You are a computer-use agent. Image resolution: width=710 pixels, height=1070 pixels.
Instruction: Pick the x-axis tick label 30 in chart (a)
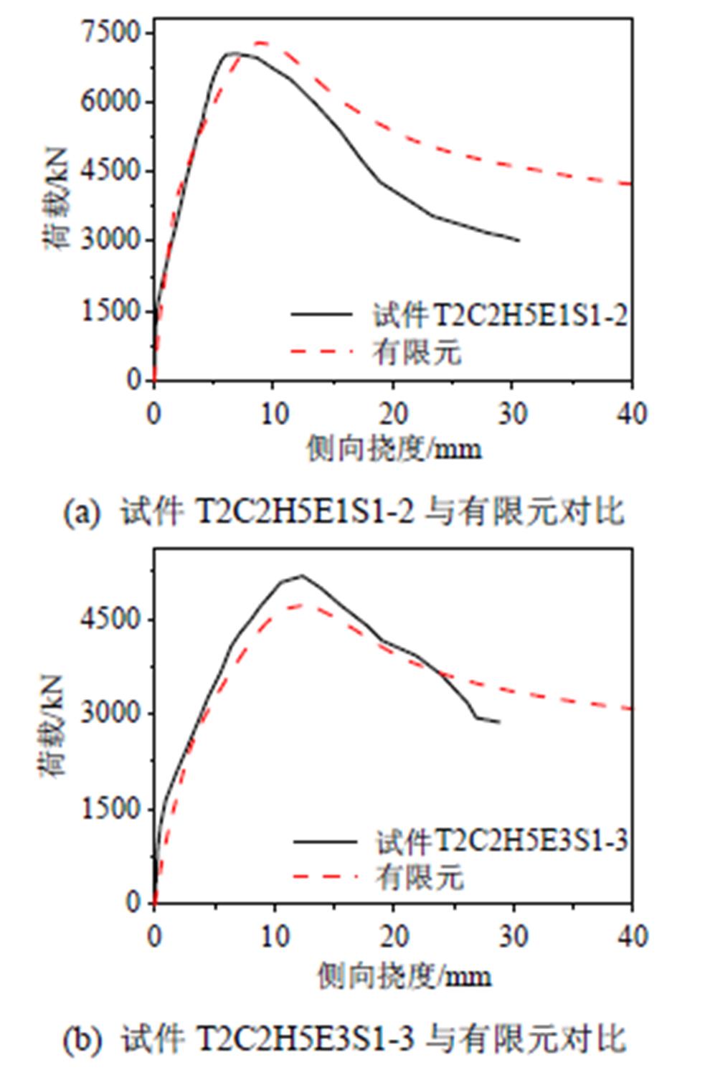(x=512, y=414)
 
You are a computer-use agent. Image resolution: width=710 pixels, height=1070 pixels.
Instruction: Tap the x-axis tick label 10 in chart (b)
(x=274, y=936)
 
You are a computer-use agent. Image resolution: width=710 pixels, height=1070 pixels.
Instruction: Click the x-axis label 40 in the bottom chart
(x=631, y=936)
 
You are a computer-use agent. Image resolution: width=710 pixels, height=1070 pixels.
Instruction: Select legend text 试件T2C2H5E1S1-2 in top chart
(x=500, y=315)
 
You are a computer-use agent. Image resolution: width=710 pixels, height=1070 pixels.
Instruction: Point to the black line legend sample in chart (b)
(x=324, y=841)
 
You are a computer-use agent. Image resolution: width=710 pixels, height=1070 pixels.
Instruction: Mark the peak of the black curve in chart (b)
(x=301, y=575)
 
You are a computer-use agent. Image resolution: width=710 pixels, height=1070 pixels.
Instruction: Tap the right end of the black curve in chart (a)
(x=519, y=240)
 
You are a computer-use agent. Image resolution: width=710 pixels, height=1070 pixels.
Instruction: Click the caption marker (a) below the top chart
(x=80, y=513)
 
